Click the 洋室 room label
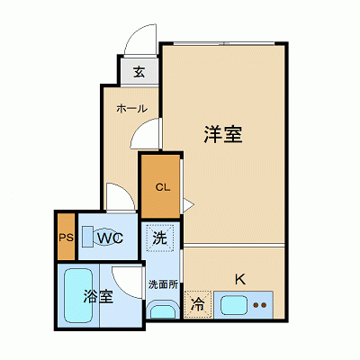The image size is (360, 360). (224, 136)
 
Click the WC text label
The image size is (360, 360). (111, 238)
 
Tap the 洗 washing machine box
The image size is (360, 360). (159, 239)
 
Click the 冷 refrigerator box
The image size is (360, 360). (196, 304)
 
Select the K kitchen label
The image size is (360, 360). (239, 278)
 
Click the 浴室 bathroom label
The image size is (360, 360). (97, 296)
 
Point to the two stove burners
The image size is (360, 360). (260, 304)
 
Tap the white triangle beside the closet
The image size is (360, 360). (188, 205)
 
